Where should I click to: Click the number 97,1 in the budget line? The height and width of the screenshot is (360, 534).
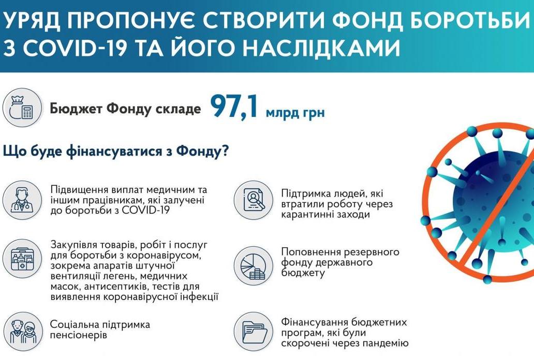tap(234, 107)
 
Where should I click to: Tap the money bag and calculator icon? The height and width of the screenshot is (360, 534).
tap(22, 108)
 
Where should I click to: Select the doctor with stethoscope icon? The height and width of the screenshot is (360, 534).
tap(22, 200)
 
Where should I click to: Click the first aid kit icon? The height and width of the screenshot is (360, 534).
tap(22, 258)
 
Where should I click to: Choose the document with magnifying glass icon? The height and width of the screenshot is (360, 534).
tap(254, 200)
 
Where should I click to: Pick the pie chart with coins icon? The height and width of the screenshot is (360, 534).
tap(254, 266)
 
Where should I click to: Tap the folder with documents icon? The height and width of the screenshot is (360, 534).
tap(254, 332)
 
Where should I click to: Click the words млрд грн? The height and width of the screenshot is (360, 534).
tap(295, 112)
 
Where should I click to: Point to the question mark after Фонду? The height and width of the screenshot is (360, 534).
tap(225, 151)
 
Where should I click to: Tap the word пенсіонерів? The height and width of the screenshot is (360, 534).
tap(79, 336)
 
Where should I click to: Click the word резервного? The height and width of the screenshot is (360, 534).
tap(372, 252)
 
